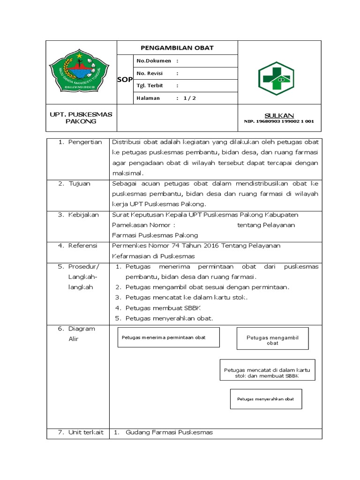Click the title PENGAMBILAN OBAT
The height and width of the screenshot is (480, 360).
[177, 48]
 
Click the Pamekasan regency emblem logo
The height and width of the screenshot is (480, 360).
[79, 71]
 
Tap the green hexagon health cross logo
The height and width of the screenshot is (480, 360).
[276, 78]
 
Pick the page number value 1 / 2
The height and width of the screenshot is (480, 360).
[190, 98]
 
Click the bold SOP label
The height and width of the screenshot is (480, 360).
[124, 80]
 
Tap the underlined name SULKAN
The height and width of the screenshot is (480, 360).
[279, 115]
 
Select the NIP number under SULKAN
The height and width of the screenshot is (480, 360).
[279, 121]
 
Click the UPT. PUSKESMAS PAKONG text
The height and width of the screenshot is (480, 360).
[81, 118]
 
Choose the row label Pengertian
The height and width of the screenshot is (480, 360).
[85, 142]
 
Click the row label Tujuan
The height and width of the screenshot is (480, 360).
[80, 184]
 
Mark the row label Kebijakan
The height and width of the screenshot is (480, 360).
[83, 215]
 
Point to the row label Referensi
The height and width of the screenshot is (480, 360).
[82, 246]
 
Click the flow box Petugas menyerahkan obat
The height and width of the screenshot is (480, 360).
[265, 399]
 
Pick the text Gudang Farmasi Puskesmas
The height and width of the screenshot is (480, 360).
[169, 432]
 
